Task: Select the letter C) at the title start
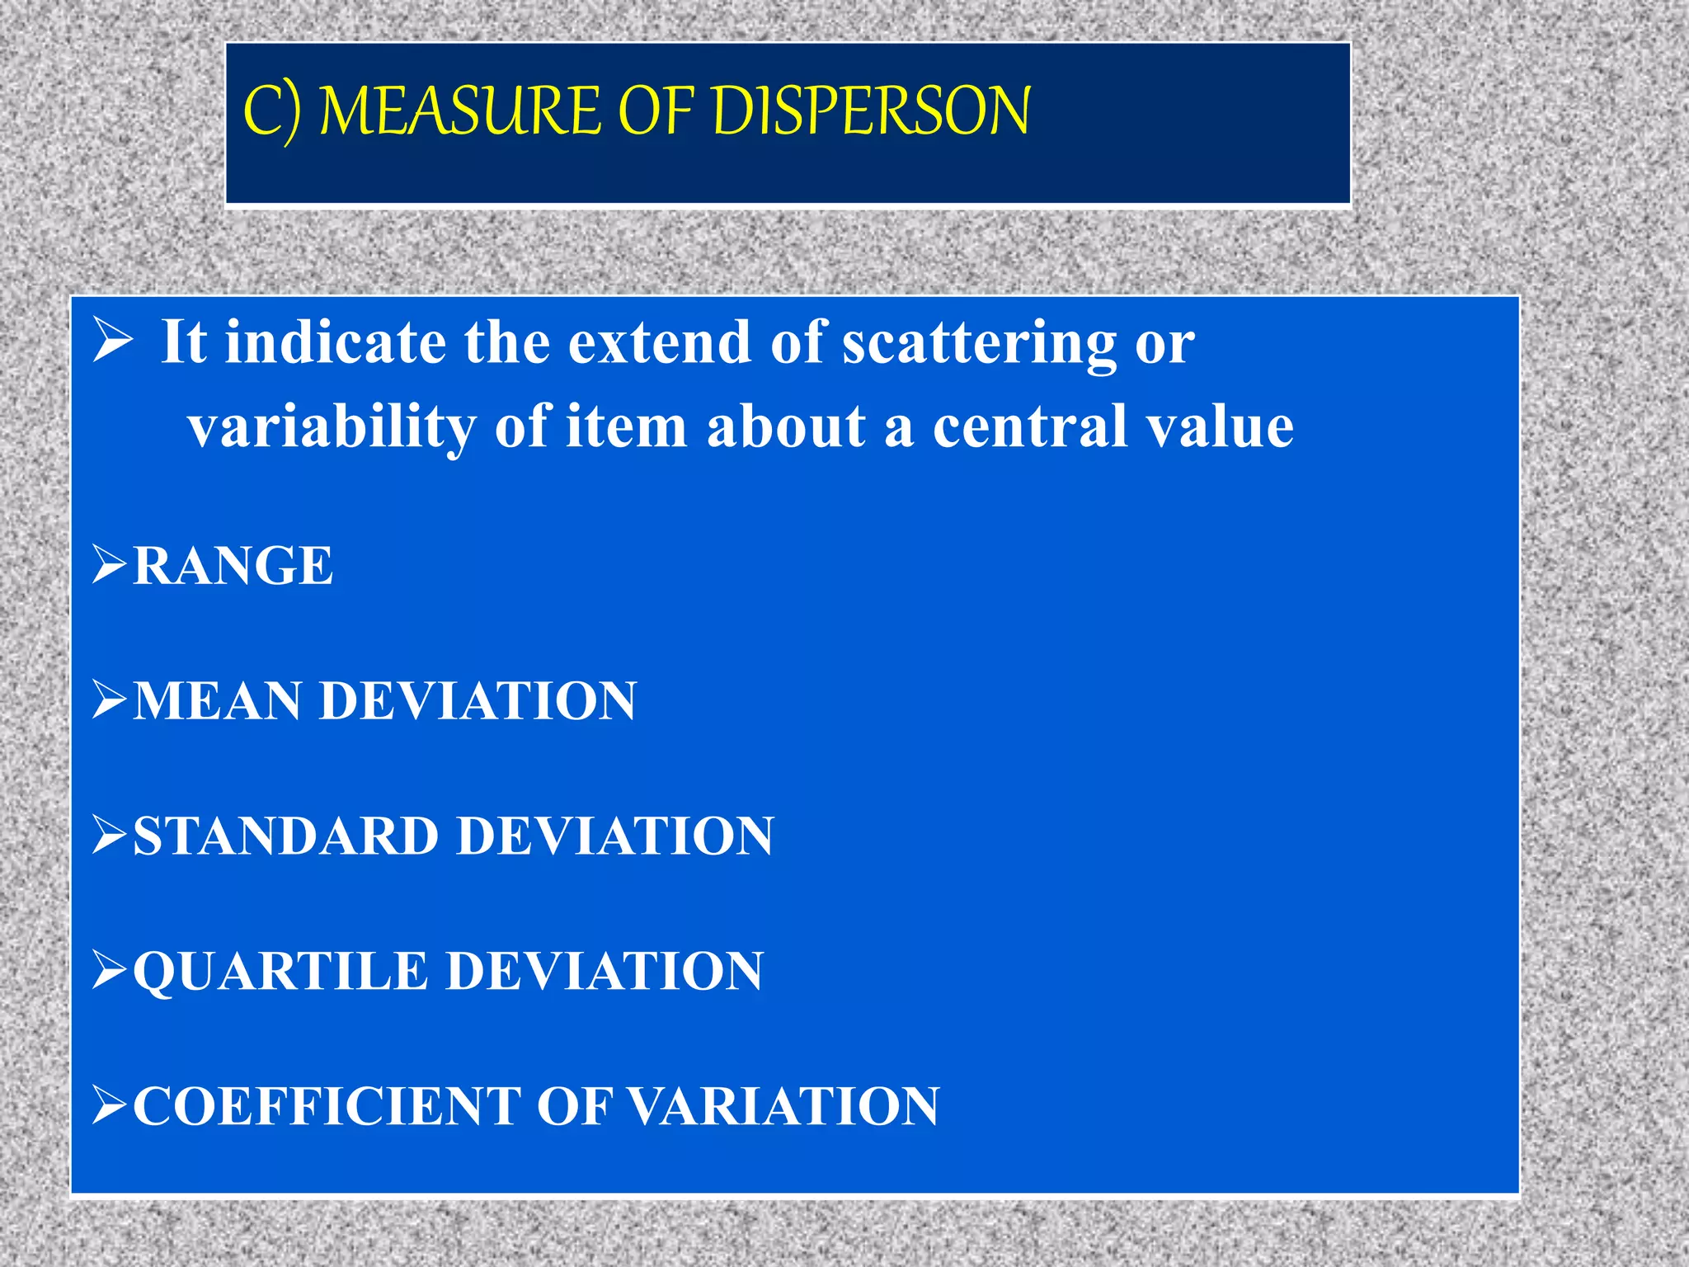271,112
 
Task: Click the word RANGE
233,566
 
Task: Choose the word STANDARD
285,836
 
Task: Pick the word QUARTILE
280,971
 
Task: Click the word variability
332,427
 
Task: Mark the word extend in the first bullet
660,341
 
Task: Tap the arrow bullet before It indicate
112,341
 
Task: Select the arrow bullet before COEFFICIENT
109,1105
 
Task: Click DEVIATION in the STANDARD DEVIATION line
615,836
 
